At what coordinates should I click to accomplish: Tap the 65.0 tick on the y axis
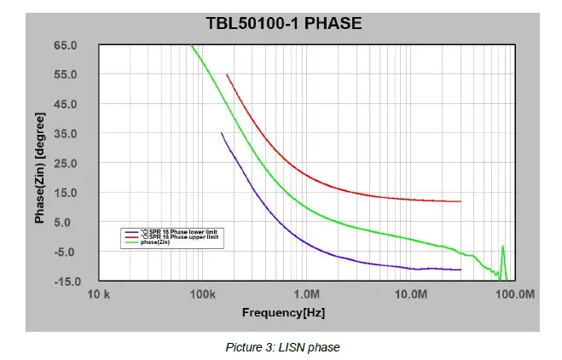tap(67, 45)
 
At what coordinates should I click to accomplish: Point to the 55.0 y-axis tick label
tap(67, 75)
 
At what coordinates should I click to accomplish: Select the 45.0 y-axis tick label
tap(67, 104)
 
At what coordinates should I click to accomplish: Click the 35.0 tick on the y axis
tap(67, 134)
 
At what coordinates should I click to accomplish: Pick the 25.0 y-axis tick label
tap(67, 164)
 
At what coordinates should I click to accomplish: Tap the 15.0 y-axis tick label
tap(67, 193)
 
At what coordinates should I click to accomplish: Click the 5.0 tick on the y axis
tap(69, 223)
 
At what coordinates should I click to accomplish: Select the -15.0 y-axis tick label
tap(66, 281)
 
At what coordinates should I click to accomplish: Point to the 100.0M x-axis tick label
tap(514, 294)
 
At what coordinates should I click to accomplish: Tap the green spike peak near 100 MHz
tap(502, 247)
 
